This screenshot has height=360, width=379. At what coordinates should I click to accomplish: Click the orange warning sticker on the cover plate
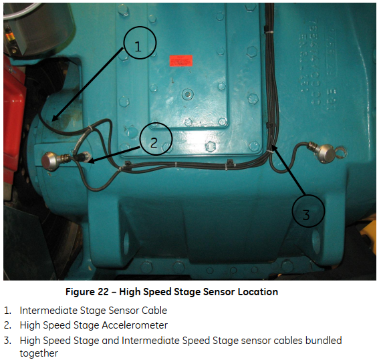[x=181, y=61]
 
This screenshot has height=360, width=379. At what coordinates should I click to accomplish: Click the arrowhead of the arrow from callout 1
[x=54, y=118]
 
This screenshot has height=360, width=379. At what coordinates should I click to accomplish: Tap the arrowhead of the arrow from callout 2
[x=90, y=160]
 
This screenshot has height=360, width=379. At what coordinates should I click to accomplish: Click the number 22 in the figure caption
[x=103, y=292]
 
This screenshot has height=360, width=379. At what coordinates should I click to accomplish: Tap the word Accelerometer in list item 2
[x=134, y=325]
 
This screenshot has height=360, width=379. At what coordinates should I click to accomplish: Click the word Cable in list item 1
[x=154, y=311]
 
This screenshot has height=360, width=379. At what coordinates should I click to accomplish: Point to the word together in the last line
[x=39, y=353]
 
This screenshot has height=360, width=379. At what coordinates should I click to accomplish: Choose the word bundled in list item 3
[x=324, y=341]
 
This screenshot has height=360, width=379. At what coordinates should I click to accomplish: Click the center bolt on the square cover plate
[x=188, y=94]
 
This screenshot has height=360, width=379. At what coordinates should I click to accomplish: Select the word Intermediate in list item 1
[x=48, y=311]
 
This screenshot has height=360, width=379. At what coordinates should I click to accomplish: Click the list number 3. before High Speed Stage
[x=8, y=341]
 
